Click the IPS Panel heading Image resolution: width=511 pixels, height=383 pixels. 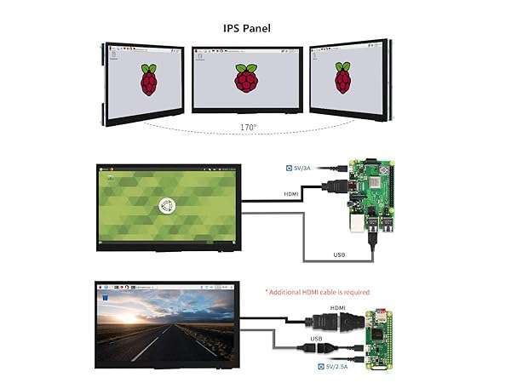click(x=247, y=28)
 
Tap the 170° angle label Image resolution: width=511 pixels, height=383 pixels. click(x=247, y=128)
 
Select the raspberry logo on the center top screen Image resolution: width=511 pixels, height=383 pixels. click(x=246, y=78)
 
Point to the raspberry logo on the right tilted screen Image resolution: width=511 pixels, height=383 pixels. click(x=342, y=78)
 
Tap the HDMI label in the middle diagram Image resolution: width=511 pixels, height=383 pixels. click(x=292, y=193)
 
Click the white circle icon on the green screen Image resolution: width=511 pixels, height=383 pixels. click(x=169, y=205)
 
